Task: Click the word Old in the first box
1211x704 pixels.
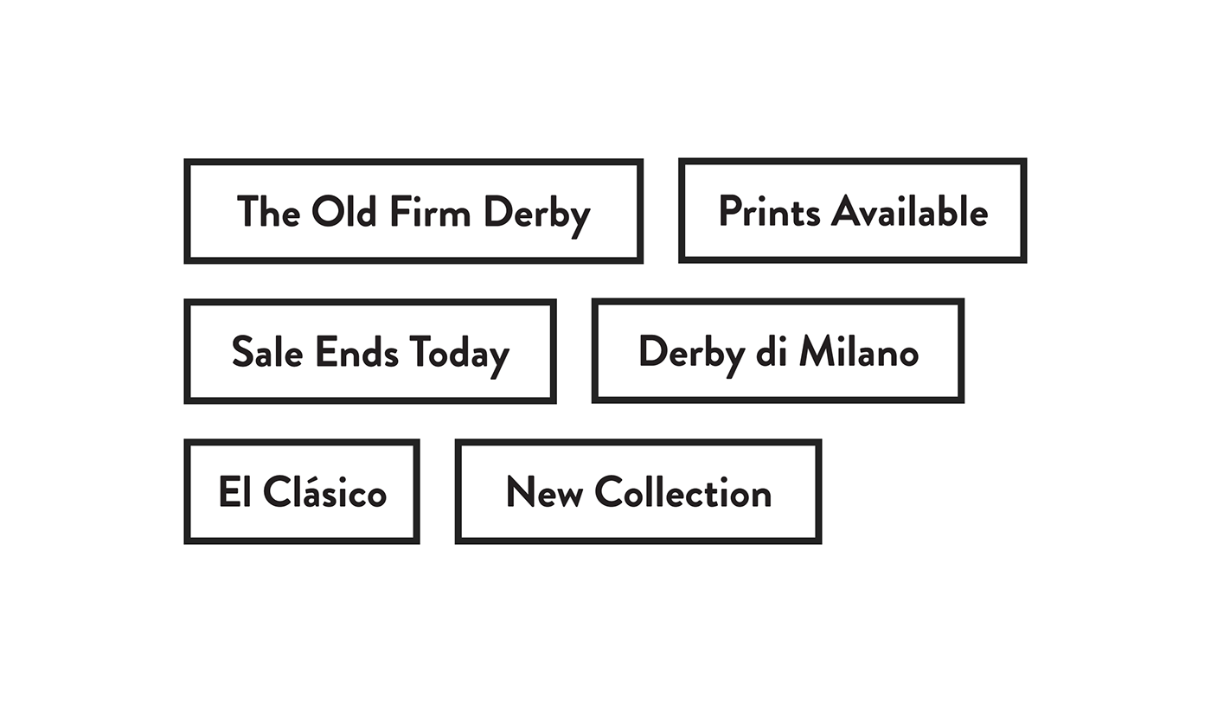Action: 344,211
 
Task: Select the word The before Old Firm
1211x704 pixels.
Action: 268,211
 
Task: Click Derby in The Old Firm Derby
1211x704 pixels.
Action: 537,216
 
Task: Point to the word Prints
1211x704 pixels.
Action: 769,211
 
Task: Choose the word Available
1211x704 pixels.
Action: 910,211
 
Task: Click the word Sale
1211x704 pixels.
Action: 267,351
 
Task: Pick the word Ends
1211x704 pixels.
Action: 356,351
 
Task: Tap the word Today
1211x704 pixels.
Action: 459,355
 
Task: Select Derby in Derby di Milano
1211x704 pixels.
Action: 691,355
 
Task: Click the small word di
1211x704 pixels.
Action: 771,351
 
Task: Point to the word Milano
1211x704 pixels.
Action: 858,351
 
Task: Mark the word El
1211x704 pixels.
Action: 235,491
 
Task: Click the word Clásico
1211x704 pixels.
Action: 325,491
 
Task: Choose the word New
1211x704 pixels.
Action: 545,492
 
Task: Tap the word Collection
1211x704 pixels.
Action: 683,492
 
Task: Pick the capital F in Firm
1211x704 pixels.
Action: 400,211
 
